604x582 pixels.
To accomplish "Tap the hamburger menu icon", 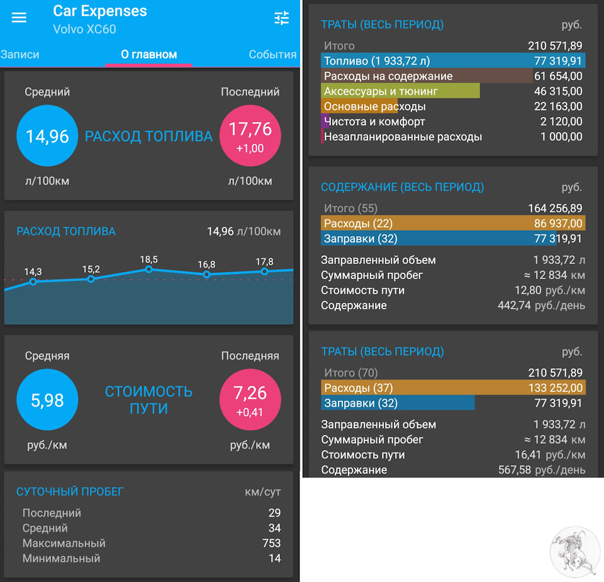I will tap(20, 18).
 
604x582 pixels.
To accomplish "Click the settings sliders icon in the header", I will tap(282, 18).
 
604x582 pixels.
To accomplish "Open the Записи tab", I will tap(20, 55).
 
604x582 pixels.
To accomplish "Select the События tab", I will tap(272, 55).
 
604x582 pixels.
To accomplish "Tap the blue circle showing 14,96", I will tap(47, 136).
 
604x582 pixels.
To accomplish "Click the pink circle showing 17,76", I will tap(250, 136).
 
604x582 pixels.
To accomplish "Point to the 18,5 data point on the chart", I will tap(149, 269).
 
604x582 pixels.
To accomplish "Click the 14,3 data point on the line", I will tap(33, 282).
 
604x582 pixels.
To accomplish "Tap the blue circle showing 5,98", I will tap(47, 400).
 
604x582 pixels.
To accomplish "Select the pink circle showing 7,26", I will tap(250, 400).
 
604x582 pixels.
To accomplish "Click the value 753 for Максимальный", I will tap(271, 543).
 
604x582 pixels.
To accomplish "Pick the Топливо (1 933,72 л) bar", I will tap(453, 61).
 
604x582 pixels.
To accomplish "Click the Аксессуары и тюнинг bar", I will tap(400, 91).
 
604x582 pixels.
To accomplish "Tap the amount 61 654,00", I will tap(558, 76).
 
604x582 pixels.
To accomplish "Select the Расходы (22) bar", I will tap(453, 223).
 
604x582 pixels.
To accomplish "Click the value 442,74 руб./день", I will tap(541, 305).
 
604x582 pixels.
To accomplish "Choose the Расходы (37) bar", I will tap(453, 388).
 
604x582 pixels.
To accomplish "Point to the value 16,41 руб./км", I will tap(549, 455).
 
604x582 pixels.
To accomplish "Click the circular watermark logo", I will tap(575, 552).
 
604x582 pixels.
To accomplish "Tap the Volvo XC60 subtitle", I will tap(84, 29).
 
